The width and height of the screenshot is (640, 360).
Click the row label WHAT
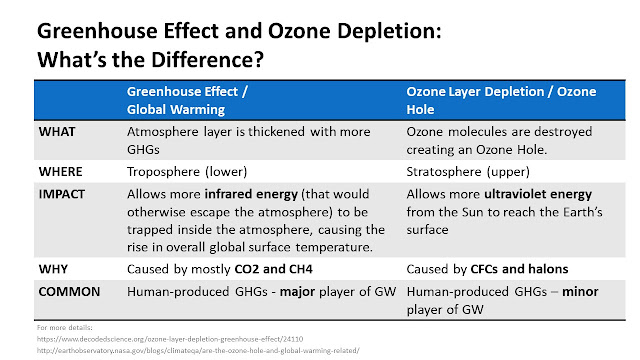[57, 132]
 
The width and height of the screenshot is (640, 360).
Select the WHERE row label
[60, 171]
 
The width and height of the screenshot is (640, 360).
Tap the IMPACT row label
[62, 194]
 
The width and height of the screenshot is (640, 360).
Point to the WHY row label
[53, 269]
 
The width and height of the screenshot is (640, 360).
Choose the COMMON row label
[69, 291]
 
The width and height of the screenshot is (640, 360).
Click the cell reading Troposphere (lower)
[187, 172]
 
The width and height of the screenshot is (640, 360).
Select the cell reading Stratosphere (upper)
[468, 172]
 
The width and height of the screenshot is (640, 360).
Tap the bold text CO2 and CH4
[273, 269]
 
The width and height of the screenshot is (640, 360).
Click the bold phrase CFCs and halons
[519, 269]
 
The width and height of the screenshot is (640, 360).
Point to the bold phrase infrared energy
[251, 194]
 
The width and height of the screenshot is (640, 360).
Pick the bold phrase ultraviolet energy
[538, 194]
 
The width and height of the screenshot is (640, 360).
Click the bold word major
[297, 292]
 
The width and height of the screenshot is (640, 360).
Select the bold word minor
[580, 291]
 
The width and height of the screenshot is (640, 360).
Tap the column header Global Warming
[176, 109]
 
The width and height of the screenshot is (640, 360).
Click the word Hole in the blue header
[420, 109]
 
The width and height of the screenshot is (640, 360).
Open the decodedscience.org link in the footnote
[170, 339]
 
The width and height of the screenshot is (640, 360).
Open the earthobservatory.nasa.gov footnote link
[198, 350]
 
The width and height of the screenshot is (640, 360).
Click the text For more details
[64, 327]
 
